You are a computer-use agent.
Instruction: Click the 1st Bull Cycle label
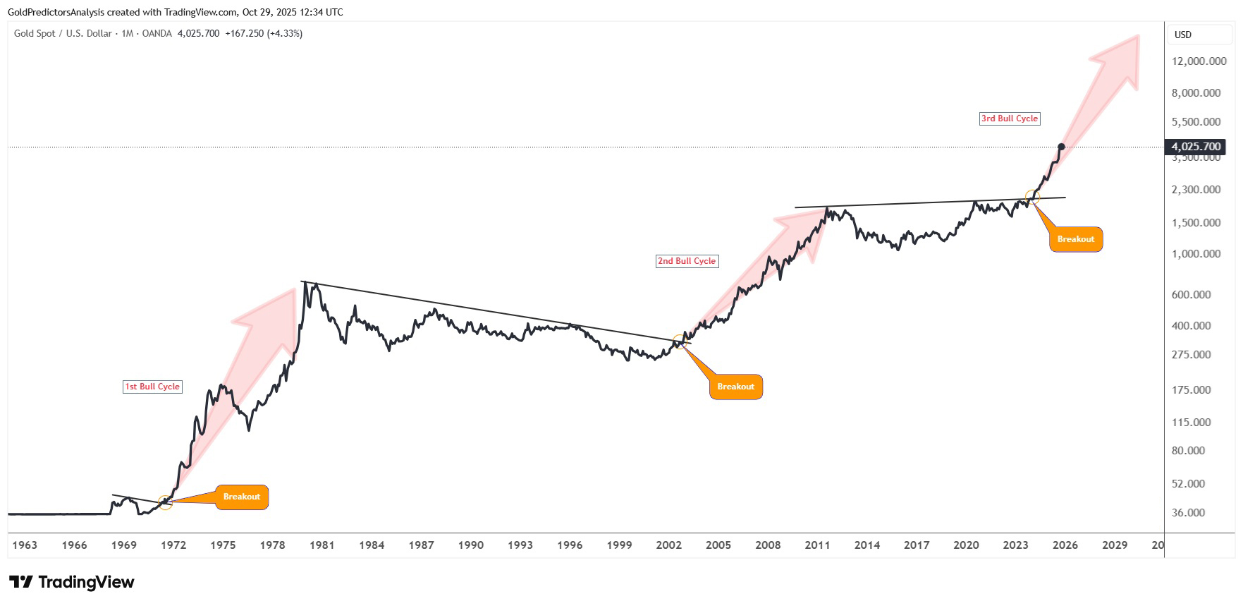click(152, 387)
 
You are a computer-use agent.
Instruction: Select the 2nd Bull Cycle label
click(687, 261)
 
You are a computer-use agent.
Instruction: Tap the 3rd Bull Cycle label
click(1010, 119)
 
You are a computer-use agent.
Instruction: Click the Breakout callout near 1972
click(241, 497)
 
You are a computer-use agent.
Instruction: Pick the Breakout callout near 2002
click(735, 387)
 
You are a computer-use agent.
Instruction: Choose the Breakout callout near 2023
click(1075, 239)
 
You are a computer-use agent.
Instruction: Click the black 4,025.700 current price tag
click(1196, 147)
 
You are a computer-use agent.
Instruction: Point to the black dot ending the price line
click(1061, 147)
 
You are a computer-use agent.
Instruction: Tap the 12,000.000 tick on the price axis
click(1199, 61)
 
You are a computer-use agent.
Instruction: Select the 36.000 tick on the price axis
click(1188, 513)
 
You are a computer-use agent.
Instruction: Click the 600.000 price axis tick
click(1191, 295)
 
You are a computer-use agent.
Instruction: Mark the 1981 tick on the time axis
click(322, 545)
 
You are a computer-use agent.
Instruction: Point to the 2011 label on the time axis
click(817, 545)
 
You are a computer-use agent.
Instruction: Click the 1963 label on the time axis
click(25, 545)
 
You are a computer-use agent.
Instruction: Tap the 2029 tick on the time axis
click(1115, 545)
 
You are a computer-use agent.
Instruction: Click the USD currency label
click(1182, 35)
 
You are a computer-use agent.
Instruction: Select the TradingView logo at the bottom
click(71, 582)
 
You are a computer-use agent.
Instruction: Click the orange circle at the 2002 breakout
click(680, 342)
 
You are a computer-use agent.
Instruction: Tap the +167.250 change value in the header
click(244, 33)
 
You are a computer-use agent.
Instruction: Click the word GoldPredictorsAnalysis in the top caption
click(56, 12)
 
